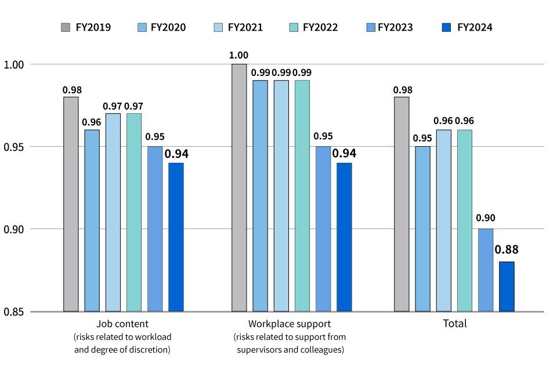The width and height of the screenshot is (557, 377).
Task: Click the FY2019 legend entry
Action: pyautogui.click(x=86, y=27)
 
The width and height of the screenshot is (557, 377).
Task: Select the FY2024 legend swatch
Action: pyautogui.click(x=446, y=27)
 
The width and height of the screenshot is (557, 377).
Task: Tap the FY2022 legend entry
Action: pyautogui.click(x=313, y=27)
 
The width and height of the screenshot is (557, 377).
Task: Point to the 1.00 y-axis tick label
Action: pyautogui.click(x=14, y=64)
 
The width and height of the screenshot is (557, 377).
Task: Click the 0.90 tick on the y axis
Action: pyautogui.click(x=14, y=229)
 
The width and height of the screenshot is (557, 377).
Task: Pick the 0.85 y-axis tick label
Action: pyautogui.click(x=14, y=312)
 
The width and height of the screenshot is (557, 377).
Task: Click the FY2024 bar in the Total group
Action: pyautogui.click(x=507, y=287)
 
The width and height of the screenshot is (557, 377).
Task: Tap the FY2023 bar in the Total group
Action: pyautogui.click(x=486, y=270)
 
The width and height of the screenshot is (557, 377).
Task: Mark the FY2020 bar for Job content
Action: pyautogui.click(x=92, y=220)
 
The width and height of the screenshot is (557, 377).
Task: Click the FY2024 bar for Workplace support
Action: pyautogui.click(x=344, y=237)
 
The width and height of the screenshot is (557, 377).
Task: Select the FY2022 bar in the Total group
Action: pyautogui.click(x=465, y=220)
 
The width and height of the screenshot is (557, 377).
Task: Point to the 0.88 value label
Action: pyautogui.click(x=507, y=250)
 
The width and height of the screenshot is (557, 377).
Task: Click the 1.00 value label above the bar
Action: pyautogui.click(x=239, y=56)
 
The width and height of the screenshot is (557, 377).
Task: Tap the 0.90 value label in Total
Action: pyautogui.click(x=486, y=218)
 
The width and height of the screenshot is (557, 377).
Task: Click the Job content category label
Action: pyautogui.click(x=122, y=324)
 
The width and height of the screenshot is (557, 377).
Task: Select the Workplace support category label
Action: pyautogui.click(x=290, y=324)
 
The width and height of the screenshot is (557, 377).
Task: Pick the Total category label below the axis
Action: pyautogui.click(x=454, y=324)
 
